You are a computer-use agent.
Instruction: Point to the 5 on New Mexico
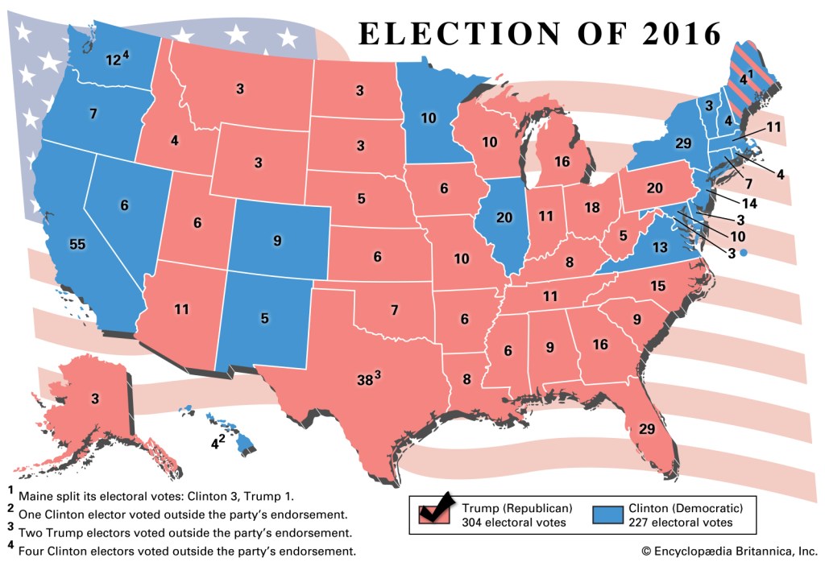point(264,318)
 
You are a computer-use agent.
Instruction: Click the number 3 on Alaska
point(94,399)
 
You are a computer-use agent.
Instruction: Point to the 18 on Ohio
point(592,208)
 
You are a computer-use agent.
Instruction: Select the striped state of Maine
point(745,76)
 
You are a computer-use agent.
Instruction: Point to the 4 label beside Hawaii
point(215,442)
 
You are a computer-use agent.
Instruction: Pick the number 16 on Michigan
point(562,161)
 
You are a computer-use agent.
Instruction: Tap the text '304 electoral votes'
point(516,523)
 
